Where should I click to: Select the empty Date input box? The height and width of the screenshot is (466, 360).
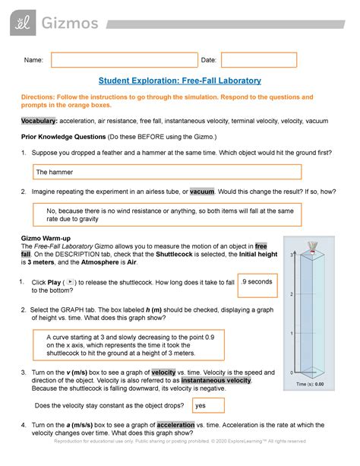[x=258, y=60]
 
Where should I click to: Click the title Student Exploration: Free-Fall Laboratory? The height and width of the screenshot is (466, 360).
[x=180, y=81]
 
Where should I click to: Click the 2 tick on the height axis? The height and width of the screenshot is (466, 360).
[x=292, y=293]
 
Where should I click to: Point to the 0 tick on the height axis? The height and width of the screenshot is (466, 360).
[x=292, y=372]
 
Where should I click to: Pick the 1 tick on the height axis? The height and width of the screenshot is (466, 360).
[x=292, y=333]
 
